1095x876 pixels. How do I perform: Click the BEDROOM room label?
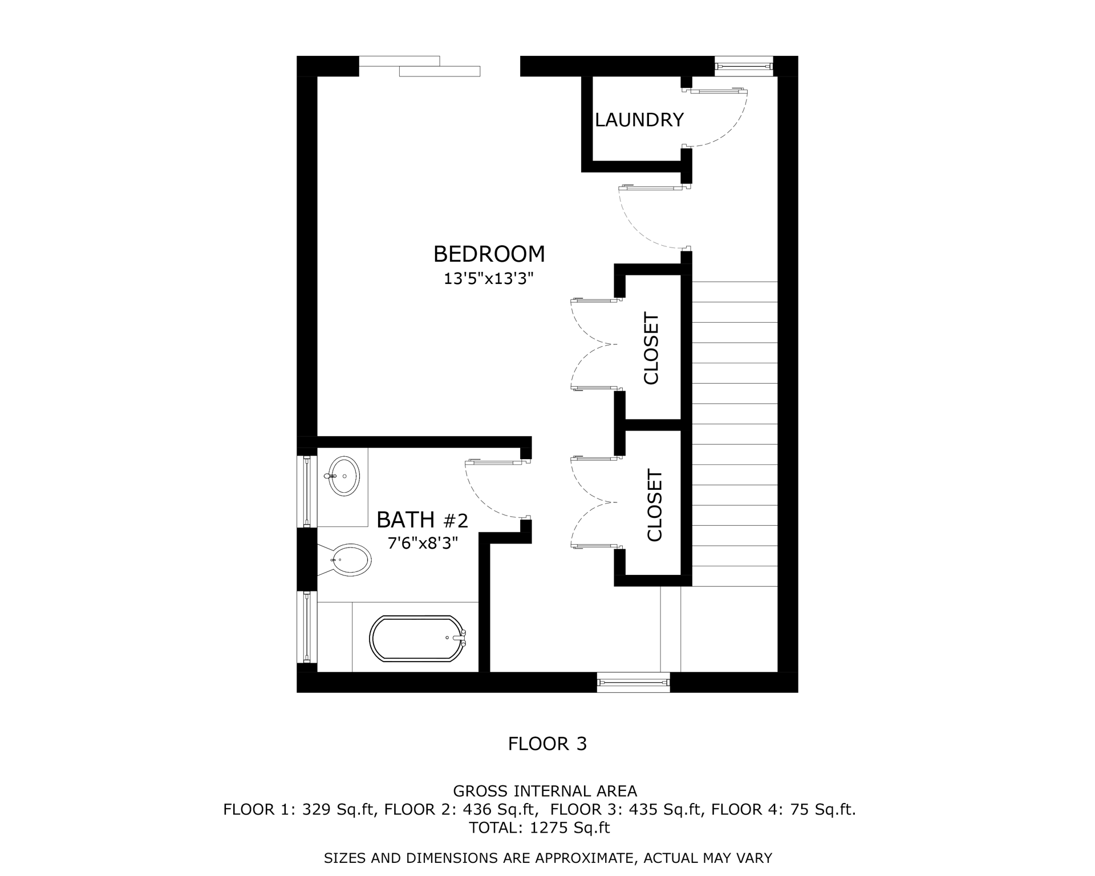(x=489, y=254)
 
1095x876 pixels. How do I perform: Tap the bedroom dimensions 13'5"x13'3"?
(x=489, y=279)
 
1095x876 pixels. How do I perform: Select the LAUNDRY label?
(x=639, y=120)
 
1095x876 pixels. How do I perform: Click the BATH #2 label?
(x=422, y=520)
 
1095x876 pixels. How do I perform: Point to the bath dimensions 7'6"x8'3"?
(x=422, y=544)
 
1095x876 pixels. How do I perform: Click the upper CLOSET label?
(x=651, y=348)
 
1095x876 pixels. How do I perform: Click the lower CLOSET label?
(x=654, y=505)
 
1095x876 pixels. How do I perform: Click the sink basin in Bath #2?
(x=344, y=476)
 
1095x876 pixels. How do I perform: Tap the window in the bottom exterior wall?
(x=633, y=682)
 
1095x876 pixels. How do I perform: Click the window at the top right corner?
(x=744, y=66)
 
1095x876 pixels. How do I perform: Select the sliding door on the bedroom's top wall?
(x=420, y=66)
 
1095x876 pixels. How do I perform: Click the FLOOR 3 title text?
(x=547, y=744)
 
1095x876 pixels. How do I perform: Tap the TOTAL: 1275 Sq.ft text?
(x=539, y=828)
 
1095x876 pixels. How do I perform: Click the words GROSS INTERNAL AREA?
(x=545, y=791)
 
